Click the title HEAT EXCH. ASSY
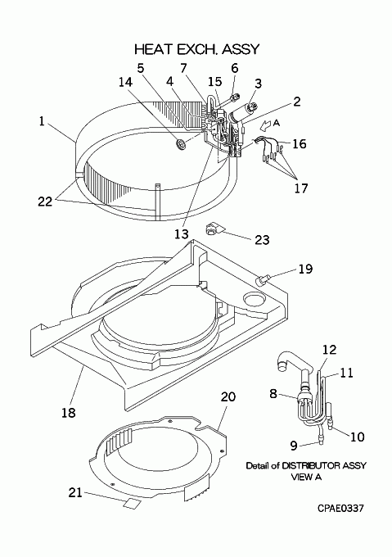click(x=197, y=49)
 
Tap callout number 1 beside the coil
click(x=42, y=121)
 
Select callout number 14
click(x=125, y=82)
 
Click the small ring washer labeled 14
click(x=181, y=144)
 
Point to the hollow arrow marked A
click(x=265, y=125)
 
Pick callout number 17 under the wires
click(x=300, y=188)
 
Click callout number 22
click(x=45, y=202)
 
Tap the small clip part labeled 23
click(x=212, y=229)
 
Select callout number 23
click(x=262, y=240)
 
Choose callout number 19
click(x=305, y=269)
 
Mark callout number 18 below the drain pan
click(x=68, y=412)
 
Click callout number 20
click(x=228, y=396)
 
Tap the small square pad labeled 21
click(x=131, y=504)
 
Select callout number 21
click(x=75, y=492)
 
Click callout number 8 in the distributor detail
click(x=273, y=394)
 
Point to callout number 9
click(x=294, y=446)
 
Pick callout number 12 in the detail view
click(x=329, y=350)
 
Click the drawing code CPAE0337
click(x=340, y=509)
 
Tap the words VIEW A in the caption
click(x=306, y=477)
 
